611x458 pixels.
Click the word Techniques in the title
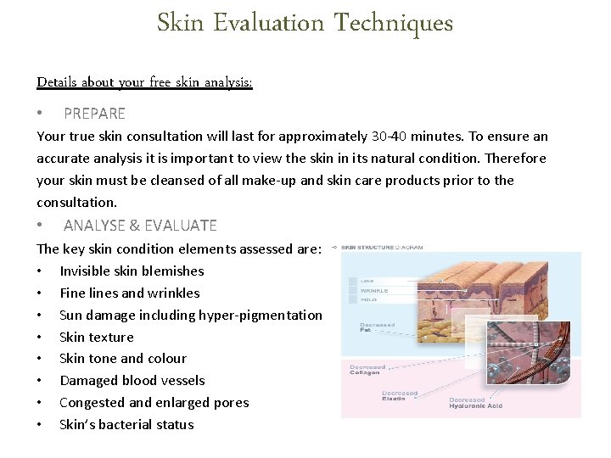393,23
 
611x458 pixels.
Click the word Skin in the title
180,23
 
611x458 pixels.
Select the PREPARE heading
94,114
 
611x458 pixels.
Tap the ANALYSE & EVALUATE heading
140,226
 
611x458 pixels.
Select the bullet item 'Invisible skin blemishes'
132,271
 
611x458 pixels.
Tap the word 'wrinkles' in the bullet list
173,293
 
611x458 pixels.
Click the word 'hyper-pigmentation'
261,316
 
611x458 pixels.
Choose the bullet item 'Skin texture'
96,338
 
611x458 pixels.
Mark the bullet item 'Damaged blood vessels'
132,381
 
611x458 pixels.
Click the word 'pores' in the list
232,403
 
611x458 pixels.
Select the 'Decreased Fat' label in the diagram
377,327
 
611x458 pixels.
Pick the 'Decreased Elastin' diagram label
399,396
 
